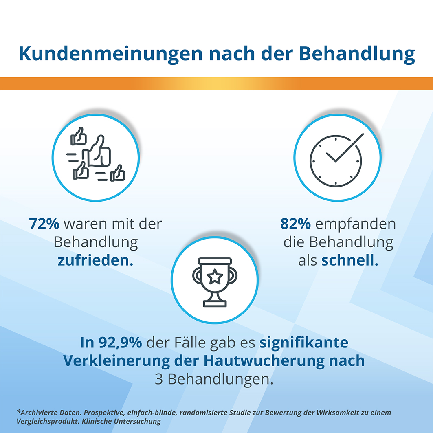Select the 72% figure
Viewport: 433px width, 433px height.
coord(44,224)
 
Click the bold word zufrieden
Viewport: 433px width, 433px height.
coord(95,260)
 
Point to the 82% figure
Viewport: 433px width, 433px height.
coord(296,224)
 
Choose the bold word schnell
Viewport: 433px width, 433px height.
coord(350,260)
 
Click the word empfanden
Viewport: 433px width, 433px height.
coord(355,224)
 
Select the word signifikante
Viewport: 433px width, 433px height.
coord(304,343)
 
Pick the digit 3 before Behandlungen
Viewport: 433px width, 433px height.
coord(159,379)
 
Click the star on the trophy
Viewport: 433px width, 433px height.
coord(215,277)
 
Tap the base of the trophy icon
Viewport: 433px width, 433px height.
coord(215,303)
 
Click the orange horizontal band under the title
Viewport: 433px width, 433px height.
coord(216,83)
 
